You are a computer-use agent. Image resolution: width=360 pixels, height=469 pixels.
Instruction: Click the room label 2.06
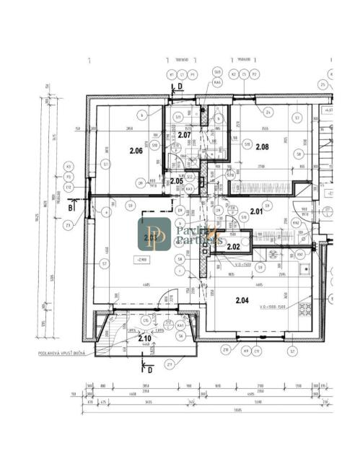[x=136, y=151]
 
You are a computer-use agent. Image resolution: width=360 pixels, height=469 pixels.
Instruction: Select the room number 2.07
[x=184, y=135]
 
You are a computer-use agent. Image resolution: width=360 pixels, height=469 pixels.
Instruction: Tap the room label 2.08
[x=262, y=147]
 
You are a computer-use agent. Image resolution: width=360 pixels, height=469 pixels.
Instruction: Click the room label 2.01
[x=256, y=211]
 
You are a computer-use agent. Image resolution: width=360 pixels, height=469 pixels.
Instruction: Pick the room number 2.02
[x=233, y=247]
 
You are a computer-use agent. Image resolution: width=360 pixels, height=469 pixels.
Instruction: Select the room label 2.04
[x=242, y=301]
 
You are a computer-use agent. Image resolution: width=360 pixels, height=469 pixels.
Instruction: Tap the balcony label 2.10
[x=144, y=337]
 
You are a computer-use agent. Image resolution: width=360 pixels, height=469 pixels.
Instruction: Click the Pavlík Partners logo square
[x=154, y=234]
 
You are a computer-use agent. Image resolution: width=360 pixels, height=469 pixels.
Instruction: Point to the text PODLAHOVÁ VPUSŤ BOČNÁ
[x=66, y=354]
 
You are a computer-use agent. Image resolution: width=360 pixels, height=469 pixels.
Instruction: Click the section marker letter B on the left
[x=70, y=207]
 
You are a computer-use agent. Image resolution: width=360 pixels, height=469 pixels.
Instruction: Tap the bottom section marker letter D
[x=150, y=369]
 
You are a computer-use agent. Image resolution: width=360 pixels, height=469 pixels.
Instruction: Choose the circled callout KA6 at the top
[x=216, y=82]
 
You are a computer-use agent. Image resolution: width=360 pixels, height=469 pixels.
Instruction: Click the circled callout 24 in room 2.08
[x=268, y=113]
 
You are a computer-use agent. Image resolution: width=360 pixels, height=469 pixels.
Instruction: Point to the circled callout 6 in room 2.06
[x=144, y=114]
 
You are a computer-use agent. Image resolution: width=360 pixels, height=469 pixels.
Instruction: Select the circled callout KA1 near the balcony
[x=179, y=325]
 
